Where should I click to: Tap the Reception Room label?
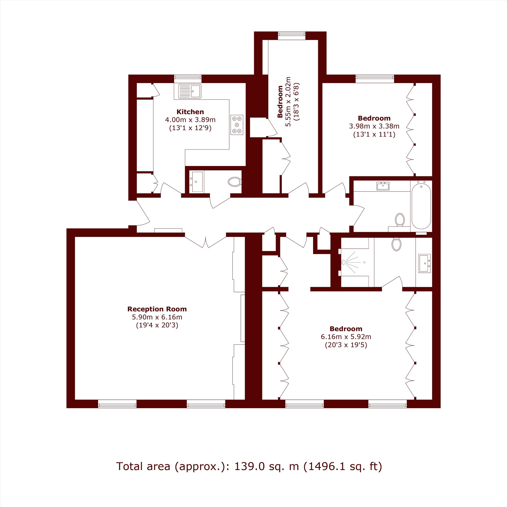click(157, 309)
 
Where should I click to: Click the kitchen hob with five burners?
click(237, 125)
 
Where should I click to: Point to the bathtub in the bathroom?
click(421, 206)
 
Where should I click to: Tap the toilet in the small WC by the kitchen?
click(234, 182)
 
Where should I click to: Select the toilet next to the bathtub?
click(400, 220)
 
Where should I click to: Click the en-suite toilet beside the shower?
click(396, 244)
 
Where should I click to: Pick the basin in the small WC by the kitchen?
click(197, 182)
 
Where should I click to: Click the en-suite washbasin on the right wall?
click(424, 263)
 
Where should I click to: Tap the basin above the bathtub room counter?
click(383, 186)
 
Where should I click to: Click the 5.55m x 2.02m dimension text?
click(288, 102)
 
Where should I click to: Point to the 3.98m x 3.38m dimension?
click(374, 126)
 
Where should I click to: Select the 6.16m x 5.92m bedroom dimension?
click(346, 336)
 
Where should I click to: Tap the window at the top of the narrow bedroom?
click(292, 36)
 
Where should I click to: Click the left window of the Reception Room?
click(117, 404)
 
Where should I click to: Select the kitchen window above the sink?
click(188, 79)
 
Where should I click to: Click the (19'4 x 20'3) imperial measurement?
click(157, 325)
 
